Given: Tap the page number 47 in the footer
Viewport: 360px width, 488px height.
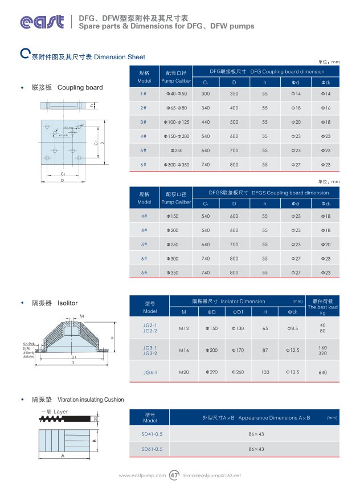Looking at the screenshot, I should pos(175,475).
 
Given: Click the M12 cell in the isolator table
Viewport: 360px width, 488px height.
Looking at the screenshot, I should pos(183,328).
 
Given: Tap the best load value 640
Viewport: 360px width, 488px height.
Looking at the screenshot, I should pos(323,372).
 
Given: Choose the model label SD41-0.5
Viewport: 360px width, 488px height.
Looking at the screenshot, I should pos(152,434).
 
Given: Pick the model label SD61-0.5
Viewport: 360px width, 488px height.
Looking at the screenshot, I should pos(152,449).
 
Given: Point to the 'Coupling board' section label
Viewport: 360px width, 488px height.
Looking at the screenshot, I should pos(80,88).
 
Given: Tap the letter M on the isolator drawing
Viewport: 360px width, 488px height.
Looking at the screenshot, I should pos(82,316).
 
